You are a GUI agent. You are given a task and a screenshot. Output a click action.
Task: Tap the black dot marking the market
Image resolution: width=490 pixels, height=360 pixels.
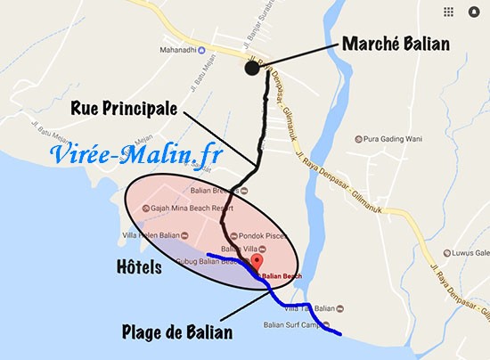[252, 70]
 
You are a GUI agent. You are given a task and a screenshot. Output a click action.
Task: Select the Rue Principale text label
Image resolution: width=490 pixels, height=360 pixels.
[127, 111]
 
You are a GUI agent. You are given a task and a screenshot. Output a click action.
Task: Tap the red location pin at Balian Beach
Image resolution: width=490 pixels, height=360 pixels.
[257, 261]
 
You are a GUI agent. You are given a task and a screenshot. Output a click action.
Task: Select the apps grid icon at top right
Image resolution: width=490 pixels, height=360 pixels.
[447, 12]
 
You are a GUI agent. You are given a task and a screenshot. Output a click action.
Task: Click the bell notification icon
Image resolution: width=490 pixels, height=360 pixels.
[472, 12]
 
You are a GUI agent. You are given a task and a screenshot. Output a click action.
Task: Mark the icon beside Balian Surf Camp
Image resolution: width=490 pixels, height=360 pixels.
[327, 323]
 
